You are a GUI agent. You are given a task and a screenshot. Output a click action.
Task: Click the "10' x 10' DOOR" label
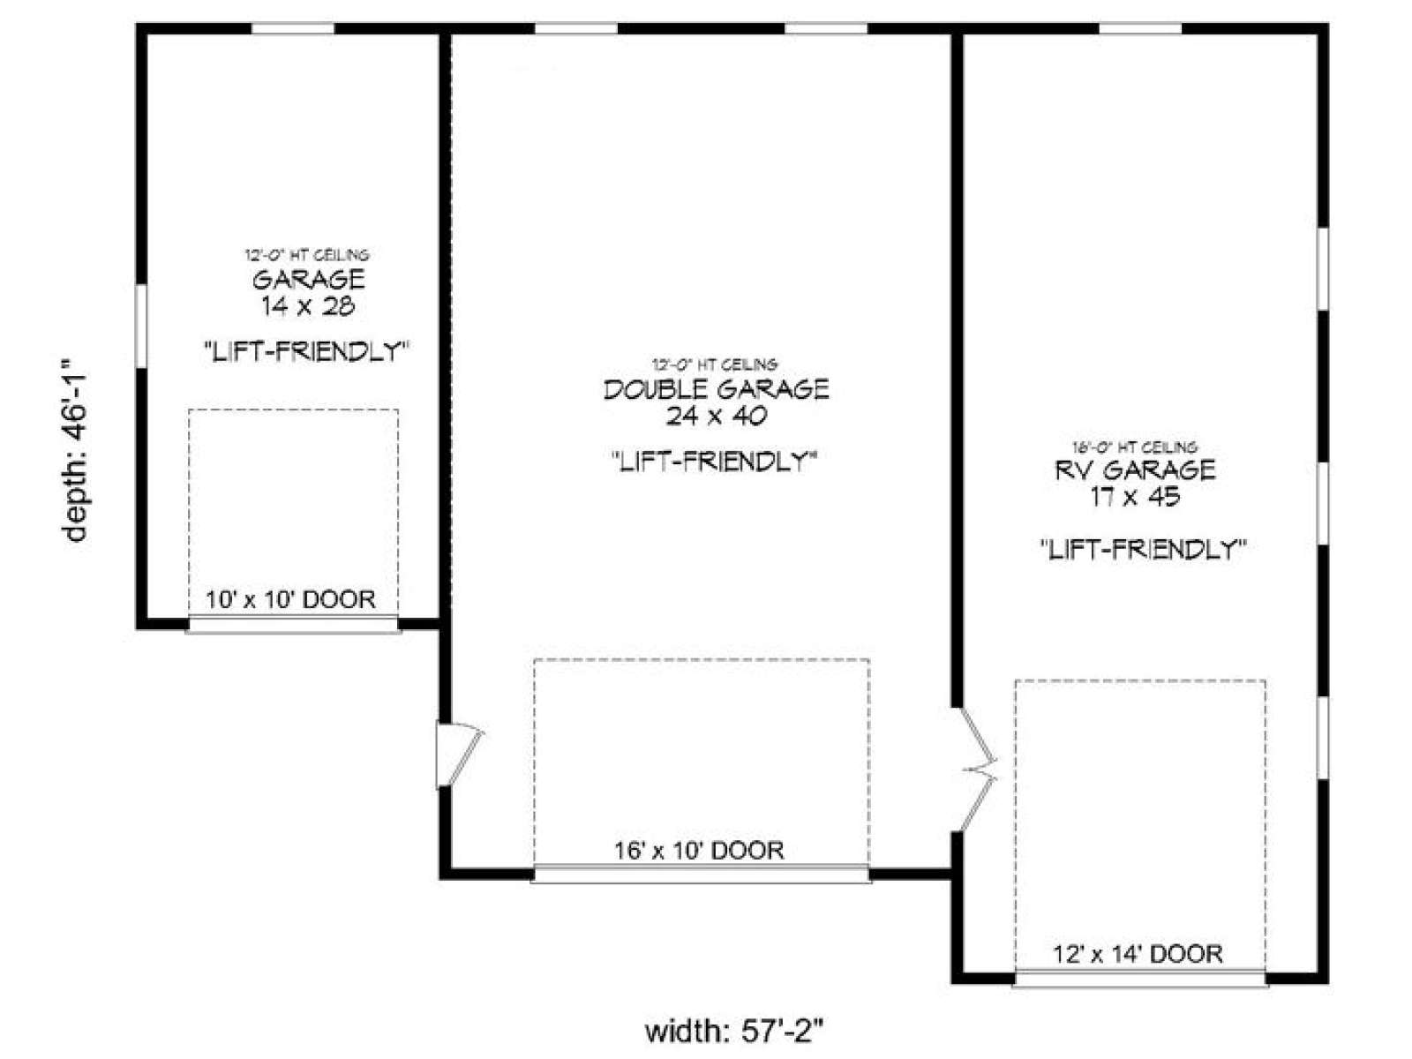[290, 599]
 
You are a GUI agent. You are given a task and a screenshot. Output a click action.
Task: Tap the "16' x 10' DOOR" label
[699, 851]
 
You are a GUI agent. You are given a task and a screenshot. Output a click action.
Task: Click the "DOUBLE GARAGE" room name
[716, 390]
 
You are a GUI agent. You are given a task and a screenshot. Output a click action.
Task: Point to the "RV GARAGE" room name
[1136, 470]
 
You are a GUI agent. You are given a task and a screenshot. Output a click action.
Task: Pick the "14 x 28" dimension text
[308, 306]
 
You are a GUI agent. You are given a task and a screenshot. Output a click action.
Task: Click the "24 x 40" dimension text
[716, 417]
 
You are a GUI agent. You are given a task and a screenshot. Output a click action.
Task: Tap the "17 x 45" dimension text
[1136, 497]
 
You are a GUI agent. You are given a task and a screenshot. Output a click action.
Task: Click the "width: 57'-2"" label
[734, 1033]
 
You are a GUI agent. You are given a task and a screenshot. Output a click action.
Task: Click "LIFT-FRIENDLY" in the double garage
[713, 461]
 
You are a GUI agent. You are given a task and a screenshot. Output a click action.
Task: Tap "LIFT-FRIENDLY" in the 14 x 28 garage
[307, 352]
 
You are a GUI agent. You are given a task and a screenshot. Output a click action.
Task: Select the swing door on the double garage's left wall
[459, 755]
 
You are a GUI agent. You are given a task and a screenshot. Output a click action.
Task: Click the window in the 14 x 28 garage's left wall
[141, 326]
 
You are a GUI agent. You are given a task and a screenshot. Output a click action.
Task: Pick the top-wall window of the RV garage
[1140, 28]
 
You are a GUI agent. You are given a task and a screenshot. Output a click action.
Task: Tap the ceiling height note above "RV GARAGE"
[1135, 447]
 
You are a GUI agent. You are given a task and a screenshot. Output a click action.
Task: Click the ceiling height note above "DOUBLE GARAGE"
[715, 365]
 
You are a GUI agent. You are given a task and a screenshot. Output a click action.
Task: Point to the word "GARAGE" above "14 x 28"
[309, 280]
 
